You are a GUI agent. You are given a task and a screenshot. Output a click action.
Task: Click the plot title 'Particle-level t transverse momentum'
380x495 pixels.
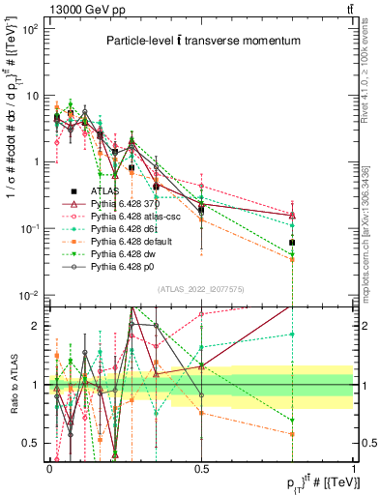click(x=203, y=42)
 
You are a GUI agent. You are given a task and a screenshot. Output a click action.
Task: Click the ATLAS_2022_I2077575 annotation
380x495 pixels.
click(x=201, y=289)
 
